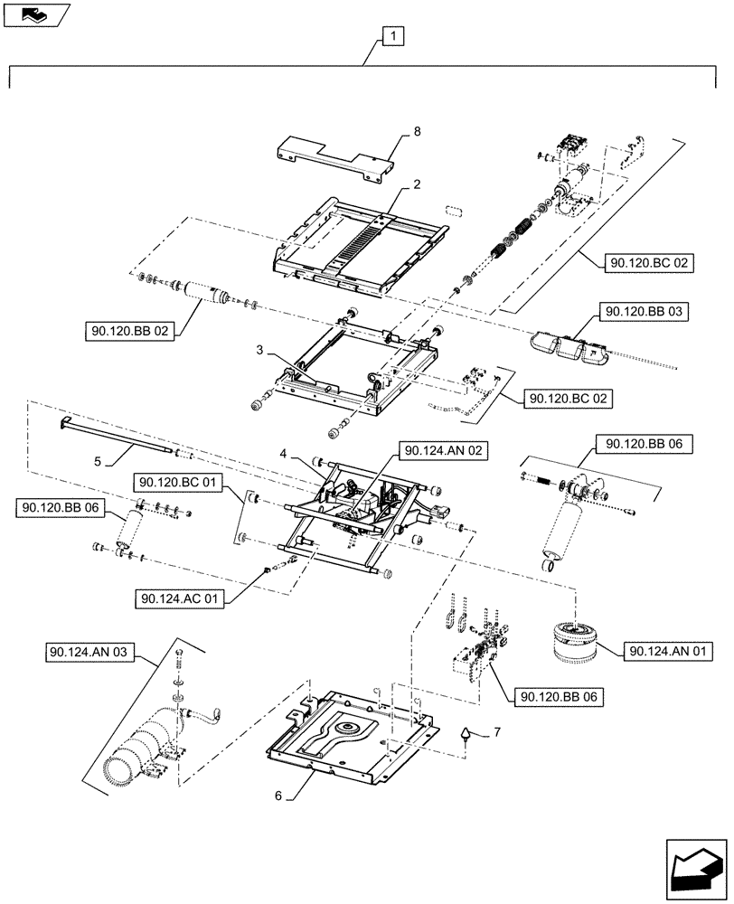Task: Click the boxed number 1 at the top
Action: (393, 37)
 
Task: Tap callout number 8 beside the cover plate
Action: (417, 132)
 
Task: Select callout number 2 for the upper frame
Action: (417, 184)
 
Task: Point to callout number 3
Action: (259, 349)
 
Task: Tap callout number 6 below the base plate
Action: (278, 796)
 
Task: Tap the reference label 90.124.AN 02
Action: (443, 450)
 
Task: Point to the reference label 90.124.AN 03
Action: (86, 652)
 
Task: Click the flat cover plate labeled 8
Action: (334, 156)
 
